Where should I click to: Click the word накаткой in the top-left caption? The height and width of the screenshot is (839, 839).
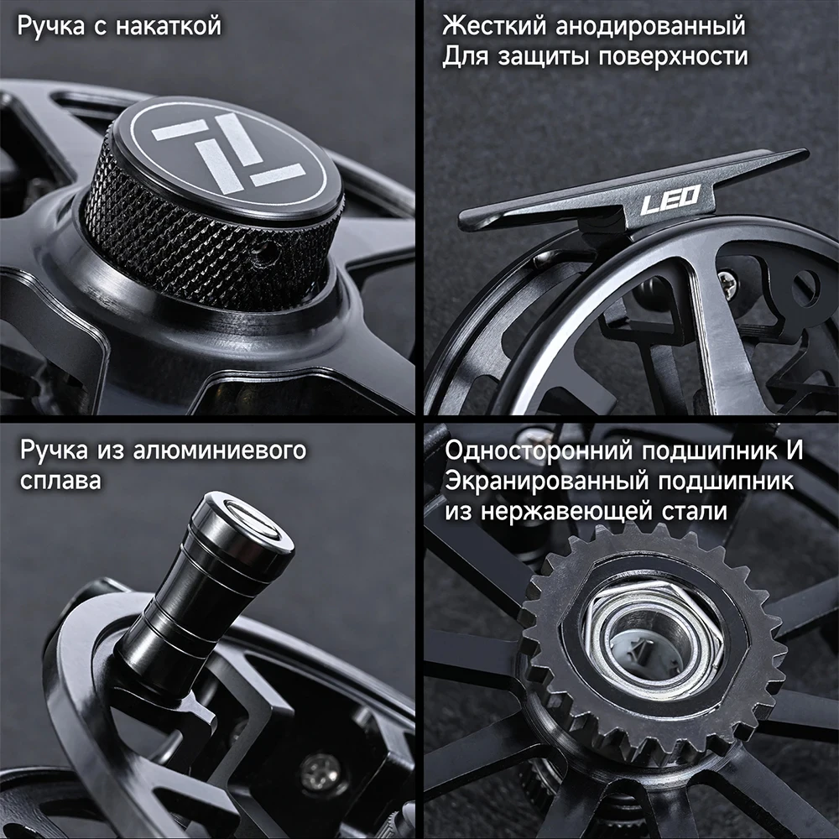168,26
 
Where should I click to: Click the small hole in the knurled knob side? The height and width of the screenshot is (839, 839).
267,249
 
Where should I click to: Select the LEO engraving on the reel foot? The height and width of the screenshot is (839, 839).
670,199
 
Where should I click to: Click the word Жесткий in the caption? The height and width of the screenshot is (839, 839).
494,25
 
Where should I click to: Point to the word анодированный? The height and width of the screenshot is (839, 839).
650,27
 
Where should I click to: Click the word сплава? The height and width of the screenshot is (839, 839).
60,481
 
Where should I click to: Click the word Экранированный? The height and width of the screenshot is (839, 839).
546,482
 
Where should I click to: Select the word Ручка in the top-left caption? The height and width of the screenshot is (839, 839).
51,26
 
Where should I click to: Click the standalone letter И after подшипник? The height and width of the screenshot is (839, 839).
795,451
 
